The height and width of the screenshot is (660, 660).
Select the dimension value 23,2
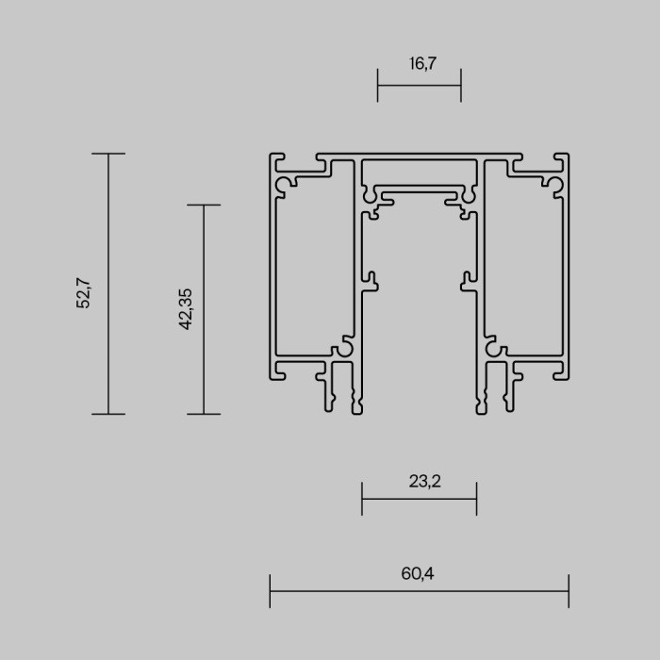[425, 481]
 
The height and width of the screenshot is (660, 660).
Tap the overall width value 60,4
[418, 572]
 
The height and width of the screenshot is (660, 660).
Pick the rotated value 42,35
[185, 308]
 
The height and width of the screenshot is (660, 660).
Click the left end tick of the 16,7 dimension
[378, 85]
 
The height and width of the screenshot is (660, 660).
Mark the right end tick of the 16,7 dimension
[460, 85]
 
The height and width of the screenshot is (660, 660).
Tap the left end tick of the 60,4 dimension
[271, 591]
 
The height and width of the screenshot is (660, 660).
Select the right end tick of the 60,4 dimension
[569, 591]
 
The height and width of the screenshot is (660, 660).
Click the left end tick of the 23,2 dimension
[362, 499]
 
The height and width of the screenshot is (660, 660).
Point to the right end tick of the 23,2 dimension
[476, 499]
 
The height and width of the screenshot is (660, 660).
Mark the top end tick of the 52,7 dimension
[108, 154]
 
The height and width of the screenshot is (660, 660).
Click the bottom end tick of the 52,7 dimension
[108, 414]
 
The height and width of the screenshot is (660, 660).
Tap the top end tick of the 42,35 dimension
[204, 205]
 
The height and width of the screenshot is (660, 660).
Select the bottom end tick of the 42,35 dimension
[204, 414]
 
